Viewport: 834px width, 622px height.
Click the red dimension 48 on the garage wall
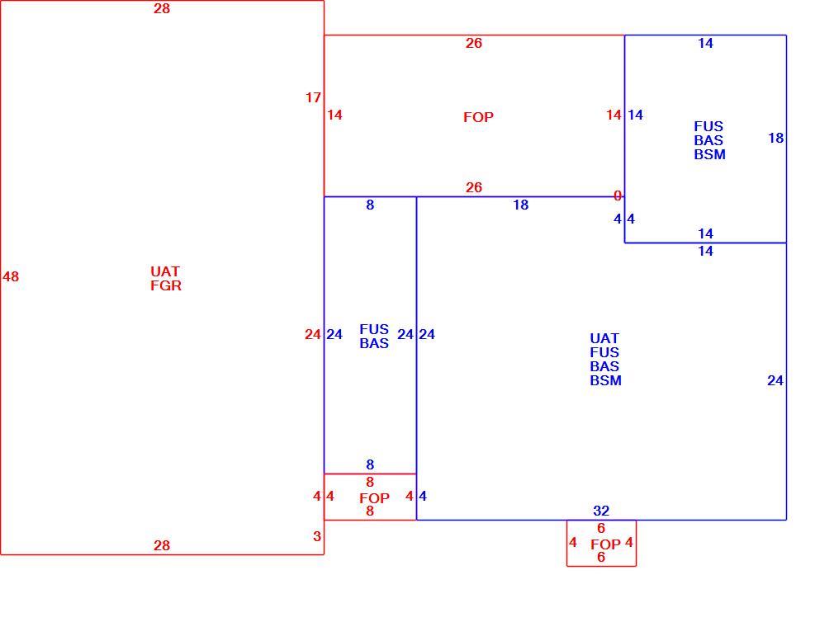[11, 276]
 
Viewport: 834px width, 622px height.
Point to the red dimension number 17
[313, 97]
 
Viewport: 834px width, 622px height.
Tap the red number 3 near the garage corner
[317, 536]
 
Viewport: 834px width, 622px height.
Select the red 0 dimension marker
[618, 196]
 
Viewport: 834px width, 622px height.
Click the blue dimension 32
[601, 511]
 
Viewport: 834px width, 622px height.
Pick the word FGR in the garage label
[166, 285]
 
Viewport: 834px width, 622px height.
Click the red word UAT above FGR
[165, 271]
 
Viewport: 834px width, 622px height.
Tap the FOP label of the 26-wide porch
[478, 117]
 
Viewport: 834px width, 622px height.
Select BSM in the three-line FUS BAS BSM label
[709, 154]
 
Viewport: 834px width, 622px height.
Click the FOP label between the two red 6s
[606, 545]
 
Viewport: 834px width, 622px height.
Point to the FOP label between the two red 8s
[374, 499]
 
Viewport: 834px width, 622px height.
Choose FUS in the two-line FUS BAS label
[374, 329]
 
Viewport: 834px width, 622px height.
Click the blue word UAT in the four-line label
[604, 338]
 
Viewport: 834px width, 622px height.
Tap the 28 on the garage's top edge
[162, 8]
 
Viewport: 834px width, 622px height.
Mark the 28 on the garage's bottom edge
[162, 545]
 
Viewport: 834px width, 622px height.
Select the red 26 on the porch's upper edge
[474, 43]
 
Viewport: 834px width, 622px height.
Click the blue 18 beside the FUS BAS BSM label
[776, 138]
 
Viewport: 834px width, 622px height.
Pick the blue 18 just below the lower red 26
[521, 205]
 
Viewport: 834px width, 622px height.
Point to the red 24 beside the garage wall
[313, 335]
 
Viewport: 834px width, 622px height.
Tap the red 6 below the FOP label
[601, 557]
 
